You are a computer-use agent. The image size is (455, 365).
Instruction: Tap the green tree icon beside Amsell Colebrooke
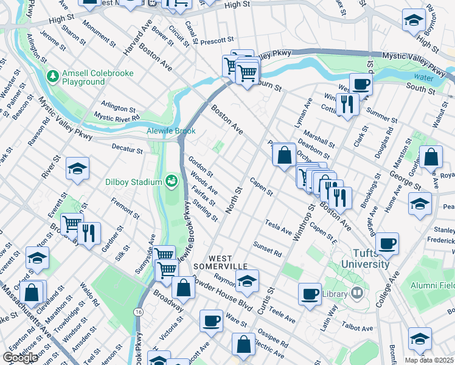(x=53, y=77)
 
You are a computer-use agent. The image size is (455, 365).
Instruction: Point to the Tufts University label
(x=365, y=259)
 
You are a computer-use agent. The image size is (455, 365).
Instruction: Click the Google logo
(x=21, y=358)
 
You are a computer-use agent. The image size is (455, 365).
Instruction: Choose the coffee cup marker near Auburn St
(x=361, y=84)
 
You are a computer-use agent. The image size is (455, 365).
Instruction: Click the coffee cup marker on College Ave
(x=387, y=244)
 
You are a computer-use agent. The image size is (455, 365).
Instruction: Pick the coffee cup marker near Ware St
(x=211, y=320)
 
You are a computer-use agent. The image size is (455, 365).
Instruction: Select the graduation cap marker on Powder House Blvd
(x=247, y=281)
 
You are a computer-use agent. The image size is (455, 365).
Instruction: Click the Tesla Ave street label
(x=279, y=227)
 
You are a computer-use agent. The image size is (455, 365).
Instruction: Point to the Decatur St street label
(x=127, y=147)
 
